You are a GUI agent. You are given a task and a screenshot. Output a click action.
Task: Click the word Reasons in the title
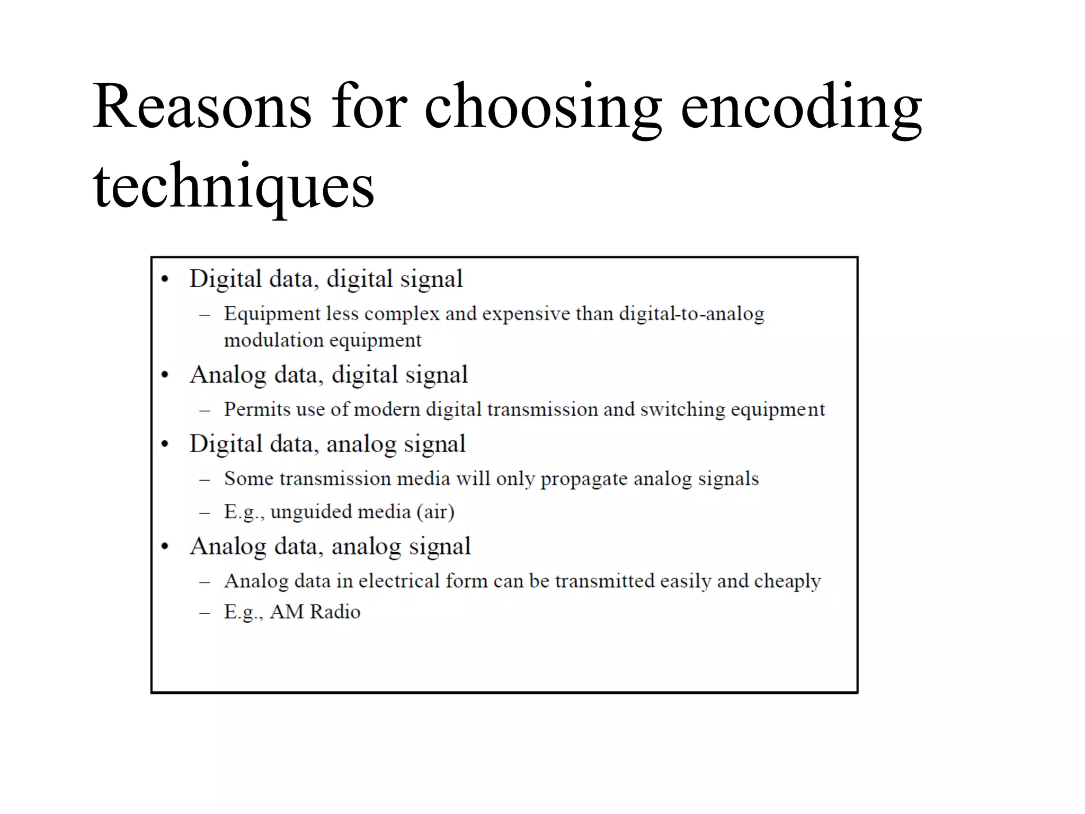(202, 106)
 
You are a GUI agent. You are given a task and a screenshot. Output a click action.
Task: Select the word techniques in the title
(234, 185)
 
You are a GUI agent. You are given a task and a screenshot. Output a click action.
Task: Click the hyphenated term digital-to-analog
(691, 314)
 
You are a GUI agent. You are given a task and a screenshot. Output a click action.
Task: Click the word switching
(682, 409)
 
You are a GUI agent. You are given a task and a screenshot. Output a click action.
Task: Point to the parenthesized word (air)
(435, 512)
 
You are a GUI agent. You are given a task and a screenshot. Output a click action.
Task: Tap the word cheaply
(787, 581)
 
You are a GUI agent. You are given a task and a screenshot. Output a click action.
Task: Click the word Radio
(335, 612)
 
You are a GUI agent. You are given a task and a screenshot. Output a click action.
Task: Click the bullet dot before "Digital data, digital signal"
(165, 280)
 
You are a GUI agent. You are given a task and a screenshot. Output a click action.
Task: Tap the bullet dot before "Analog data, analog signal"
(165, 547)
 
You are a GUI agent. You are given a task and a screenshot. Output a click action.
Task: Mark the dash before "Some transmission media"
(204, 480)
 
